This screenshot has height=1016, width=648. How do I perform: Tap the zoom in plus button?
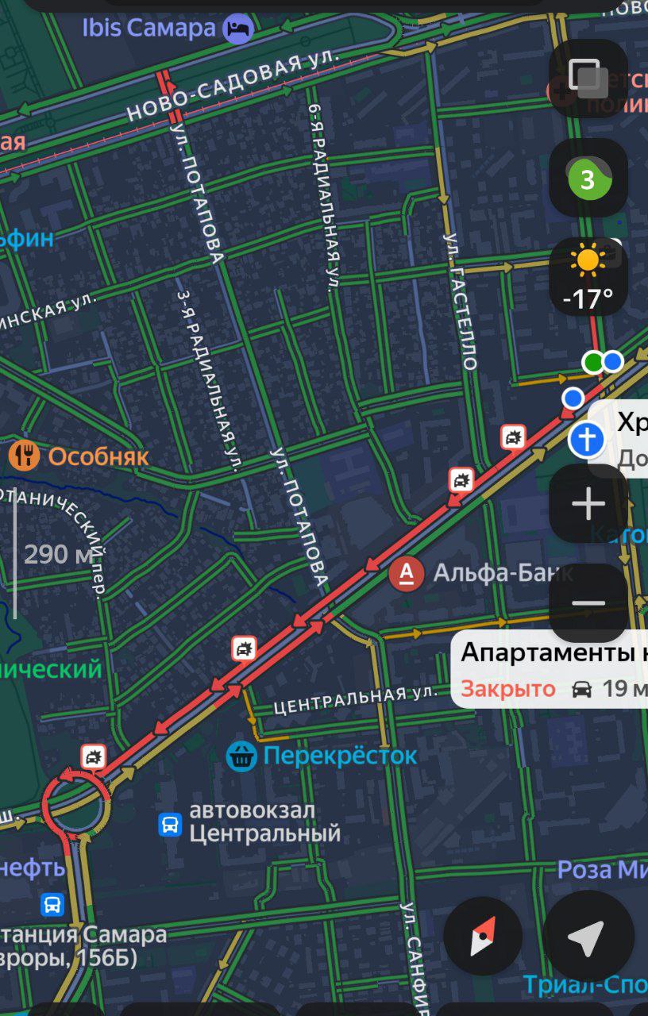pos(588,504)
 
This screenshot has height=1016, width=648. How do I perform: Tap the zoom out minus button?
pos(588,603)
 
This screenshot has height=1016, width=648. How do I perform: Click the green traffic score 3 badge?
pos(588,179)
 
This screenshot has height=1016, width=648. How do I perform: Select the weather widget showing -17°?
pos(588,277)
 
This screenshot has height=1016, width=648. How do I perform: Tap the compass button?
pos(483,937)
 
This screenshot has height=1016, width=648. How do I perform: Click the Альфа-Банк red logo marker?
pos(406,573)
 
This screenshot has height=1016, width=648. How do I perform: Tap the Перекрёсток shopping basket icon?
pos(241,756)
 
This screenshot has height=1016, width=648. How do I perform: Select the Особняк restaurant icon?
pos(25,456)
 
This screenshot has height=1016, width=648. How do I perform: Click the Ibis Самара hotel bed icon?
pos(237,29)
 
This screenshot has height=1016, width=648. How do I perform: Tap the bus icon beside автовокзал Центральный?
pos(171,824)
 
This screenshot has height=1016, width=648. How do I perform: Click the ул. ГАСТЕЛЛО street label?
pos(461,302)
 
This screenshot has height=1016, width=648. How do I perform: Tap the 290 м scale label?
pos(58,554)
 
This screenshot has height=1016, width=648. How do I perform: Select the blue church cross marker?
pos(587,439)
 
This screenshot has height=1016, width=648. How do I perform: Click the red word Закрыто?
pos(508,688)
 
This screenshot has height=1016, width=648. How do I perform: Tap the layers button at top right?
pos(588,78)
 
